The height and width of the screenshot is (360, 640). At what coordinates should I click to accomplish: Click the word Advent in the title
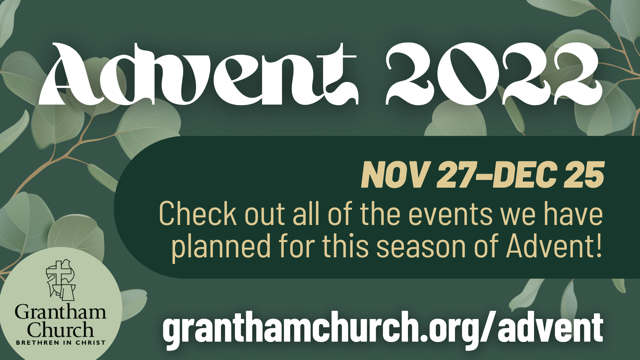198,74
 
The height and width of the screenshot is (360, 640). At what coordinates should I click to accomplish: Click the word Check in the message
198,213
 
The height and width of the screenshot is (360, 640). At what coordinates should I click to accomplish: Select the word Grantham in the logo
60,312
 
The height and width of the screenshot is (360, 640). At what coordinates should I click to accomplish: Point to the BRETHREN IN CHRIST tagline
61,342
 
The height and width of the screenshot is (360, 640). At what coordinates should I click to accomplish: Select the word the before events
380,213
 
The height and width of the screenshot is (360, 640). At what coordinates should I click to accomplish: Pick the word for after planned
297,246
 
